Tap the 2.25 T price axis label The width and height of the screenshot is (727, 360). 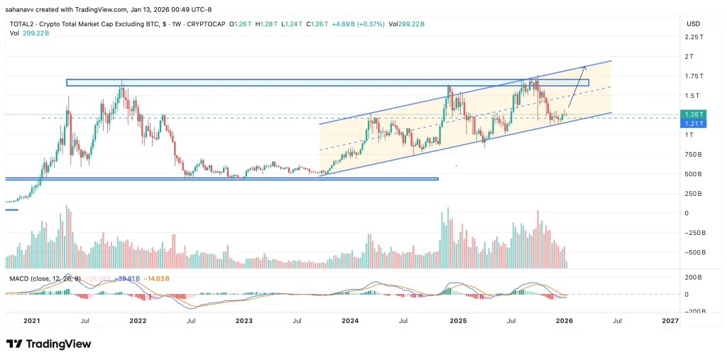coord(694,37)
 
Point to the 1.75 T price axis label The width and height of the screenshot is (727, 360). coord(694,76)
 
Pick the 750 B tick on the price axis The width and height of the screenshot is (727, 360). coord(694,154)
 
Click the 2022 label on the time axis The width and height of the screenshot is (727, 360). coord(138,321)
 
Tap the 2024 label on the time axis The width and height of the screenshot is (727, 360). coord(350,321)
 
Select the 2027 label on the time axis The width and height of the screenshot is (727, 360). coord(669,321)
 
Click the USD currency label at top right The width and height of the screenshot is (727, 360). coord(693,23)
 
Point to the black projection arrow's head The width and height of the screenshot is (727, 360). coord(584,67)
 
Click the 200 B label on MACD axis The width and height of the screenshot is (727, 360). coord(693,278)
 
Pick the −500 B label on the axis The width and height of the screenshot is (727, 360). coord(693,252)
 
